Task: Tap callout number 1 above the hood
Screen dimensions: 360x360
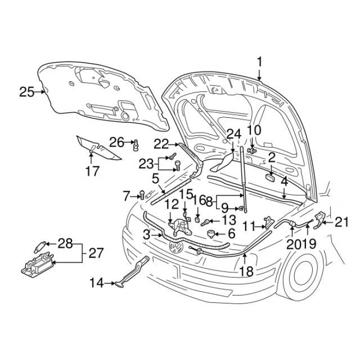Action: [x=260, y=62]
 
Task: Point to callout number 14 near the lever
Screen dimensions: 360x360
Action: [x=97, y=282]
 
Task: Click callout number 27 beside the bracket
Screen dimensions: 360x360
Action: [x=96, y=253]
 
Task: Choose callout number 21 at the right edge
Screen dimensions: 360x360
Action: [x=342, y=222]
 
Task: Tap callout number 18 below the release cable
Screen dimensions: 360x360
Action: [x=246, y=271]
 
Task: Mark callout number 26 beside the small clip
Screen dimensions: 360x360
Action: [x=117, y=142]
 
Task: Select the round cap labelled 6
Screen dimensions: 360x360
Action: [x=210, y=234]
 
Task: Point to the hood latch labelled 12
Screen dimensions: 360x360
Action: [x=180, y=226]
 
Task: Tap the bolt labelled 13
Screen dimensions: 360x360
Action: [x=206, y=222]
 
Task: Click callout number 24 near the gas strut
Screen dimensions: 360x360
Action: [x=234, y=134]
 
